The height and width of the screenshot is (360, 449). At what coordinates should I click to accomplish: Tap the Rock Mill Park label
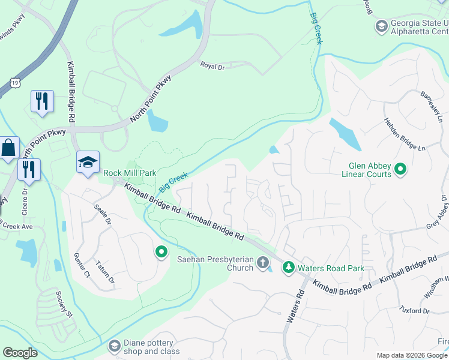(x=130, y=173)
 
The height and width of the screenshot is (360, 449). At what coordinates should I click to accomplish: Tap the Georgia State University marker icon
(x=381, y=26)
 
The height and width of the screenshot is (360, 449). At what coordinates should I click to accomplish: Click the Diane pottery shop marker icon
(x=115, y=346)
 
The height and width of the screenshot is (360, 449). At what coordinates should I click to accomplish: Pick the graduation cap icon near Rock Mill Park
(x=88, y=162)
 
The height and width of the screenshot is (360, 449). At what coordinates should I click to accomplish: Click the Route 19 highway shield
(x=13, y=81)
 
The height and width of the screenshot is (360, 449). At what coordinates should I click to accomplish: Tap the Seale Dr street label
(x=103, y=214)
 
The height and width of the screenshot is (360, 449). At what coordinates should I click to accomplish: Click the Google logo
(x=20, y=353)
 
